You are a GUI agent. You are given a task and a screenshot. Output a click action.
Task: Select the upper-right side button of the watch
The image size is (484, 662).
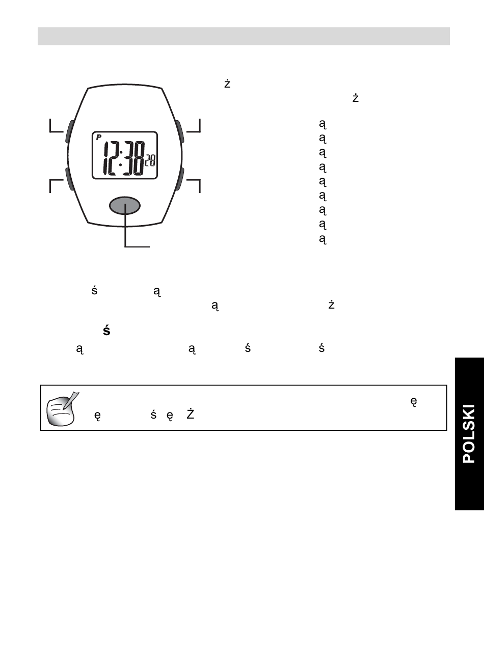tap(180, 131)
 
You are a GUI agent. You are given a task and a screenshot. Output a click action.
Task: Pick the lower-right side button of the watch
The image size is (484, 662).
tap(180, 180)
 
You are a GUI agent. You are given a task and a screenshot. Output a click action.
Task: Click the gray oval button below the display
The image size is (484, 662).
tap(125, 205)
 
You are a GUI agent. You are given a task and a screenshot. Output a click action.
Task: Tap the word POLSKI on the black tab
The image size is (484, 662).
tap(469, 434)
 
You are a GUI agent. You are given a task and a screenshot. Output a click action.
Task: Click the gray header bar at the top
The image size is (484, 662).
tap(244, 36)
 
